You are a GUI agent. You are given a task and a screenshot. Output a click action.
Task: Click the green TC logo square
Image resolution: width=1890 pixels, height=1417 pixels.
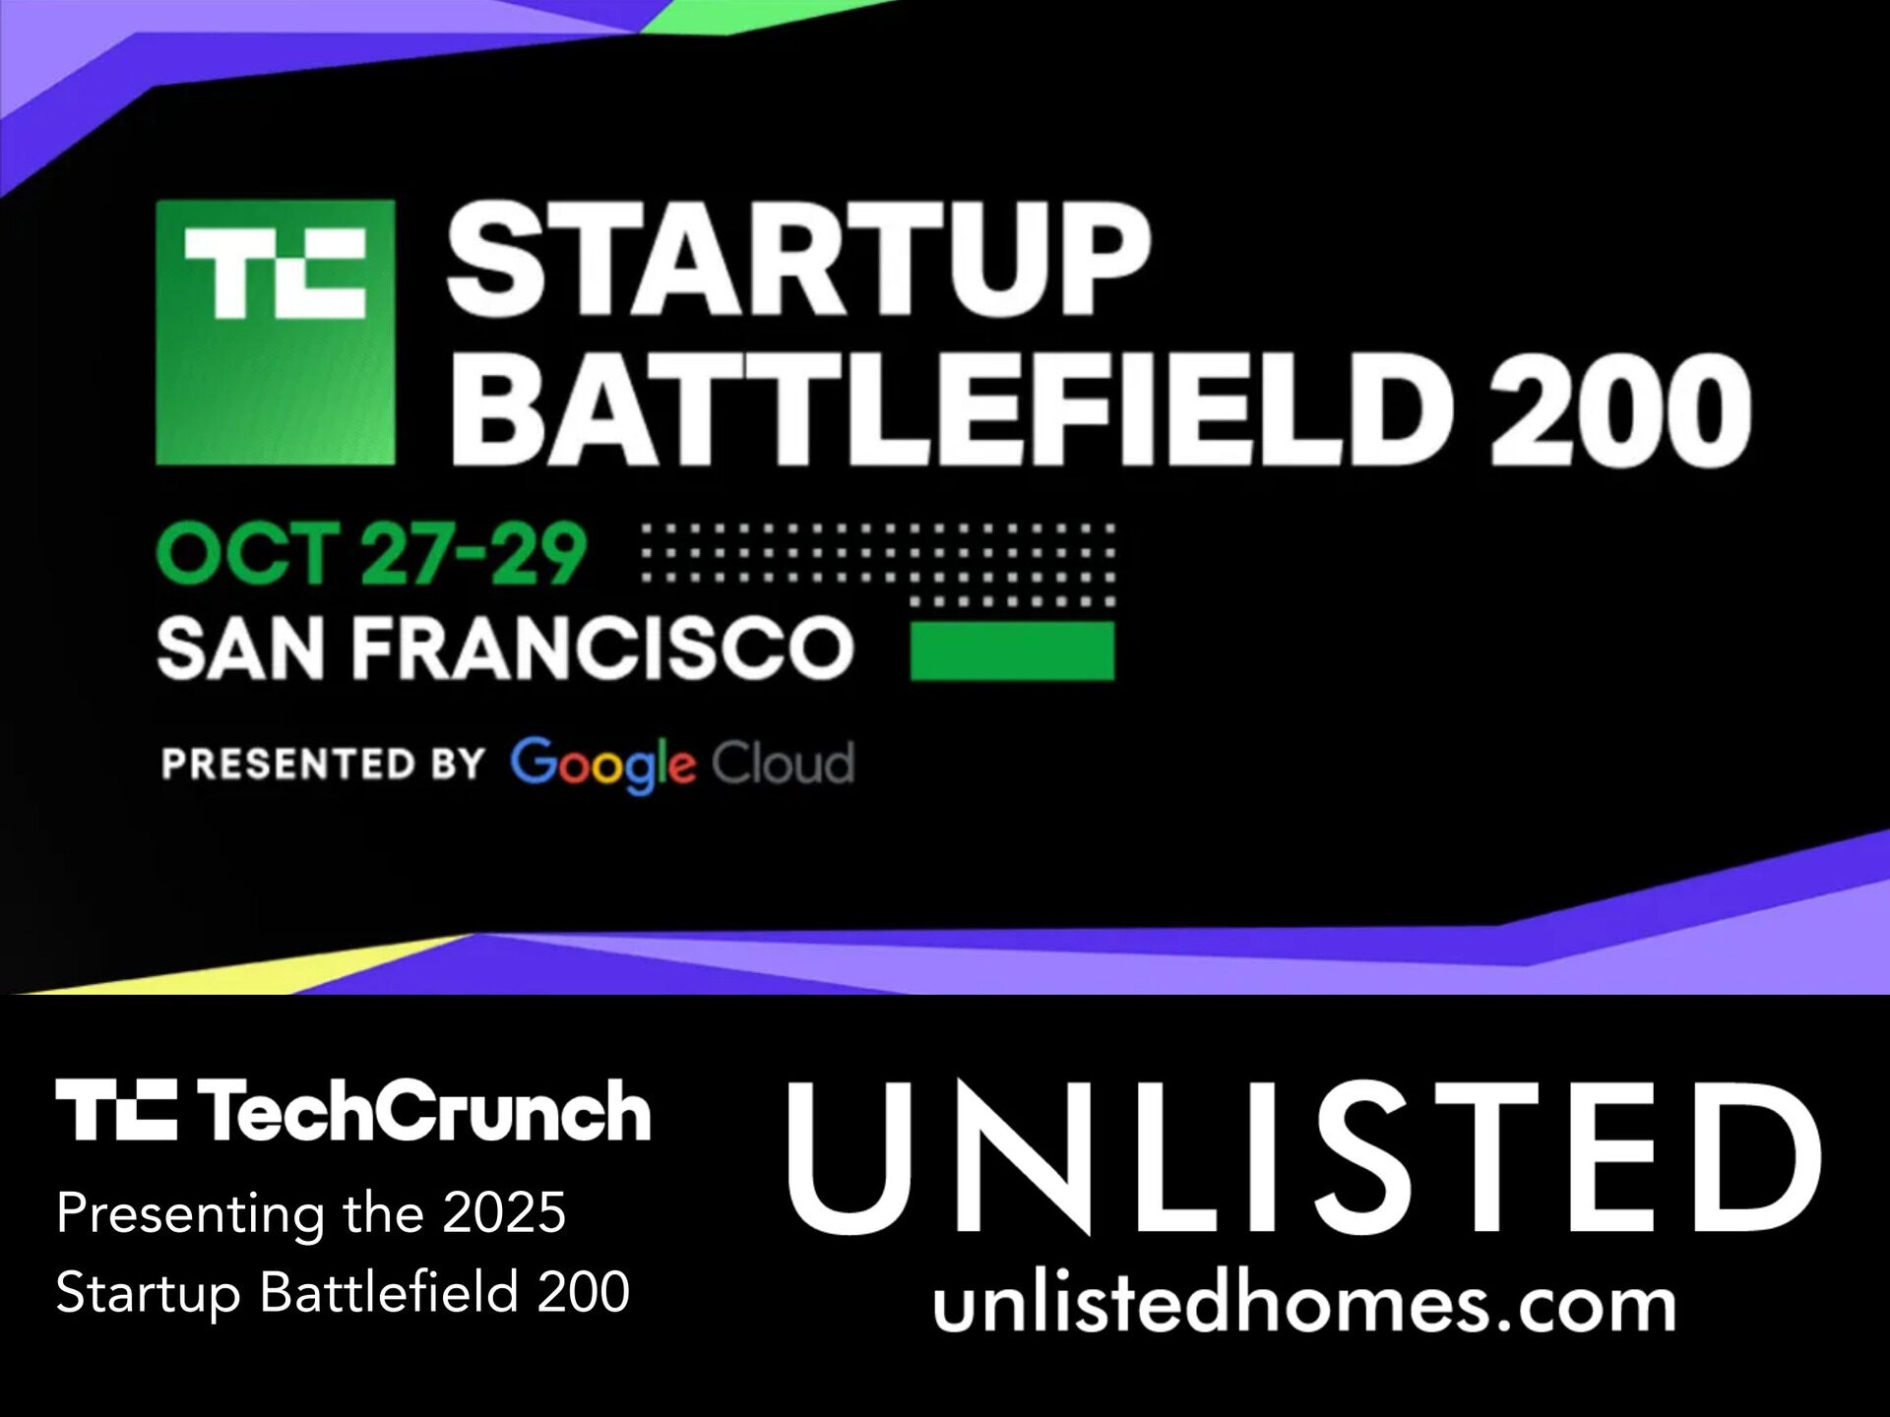(x=276, y=333)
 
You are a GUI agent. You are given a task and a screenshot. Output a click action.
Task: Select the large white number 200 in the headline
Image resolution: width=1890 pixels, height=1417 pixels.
(x=1620, y=409)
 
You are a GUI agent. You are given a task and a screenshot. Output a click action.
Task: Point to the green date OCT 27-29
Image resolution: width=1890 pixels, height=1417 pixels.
(x=371, y=554)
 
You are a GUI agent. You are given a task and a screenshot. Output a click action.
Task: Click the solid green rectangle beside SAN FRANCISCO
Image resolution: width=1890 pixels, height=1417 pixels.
(x=1012, y=650)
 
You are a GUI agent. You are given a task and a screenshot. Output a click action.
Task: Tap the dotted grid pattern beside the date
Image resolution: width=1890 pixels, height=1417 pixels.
(x=878, y=564)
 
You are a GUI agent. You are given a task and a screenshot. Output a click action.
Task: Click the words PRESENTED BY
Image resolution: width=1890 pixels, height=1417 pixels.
(x=324, y=764)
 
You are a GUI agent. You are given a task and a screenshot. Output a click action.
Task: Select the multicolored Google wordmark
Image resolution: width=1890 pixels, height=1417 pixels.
(x=602, y=765)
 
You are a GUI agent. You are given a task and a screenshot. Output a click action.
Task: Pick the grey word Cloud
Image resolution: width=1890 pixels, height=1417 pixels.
(x=783, y=763)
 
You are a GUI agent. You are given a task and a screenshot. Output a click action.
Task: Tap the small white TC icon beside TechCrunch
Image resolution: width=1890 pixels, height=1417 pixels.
(x=116, y=1109)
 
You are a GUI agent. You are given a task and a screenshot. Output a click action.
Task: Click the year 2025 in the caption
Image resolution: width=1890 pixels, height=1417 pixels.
(x=504, y=1212)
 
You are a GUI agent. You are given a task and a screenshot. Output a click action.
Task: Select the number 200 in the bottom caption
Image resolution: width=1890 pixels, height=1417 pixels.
(x=583, y=1291)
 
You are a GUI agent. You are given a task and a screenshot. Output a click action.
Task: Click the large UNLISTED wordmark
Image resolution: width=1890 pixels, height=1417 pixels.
(x=1304, y=1157)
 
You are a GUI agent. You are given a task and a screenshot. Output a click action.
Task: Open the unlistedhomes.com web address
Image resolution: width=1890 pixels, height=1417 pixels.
(x=1304, y=1306)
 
